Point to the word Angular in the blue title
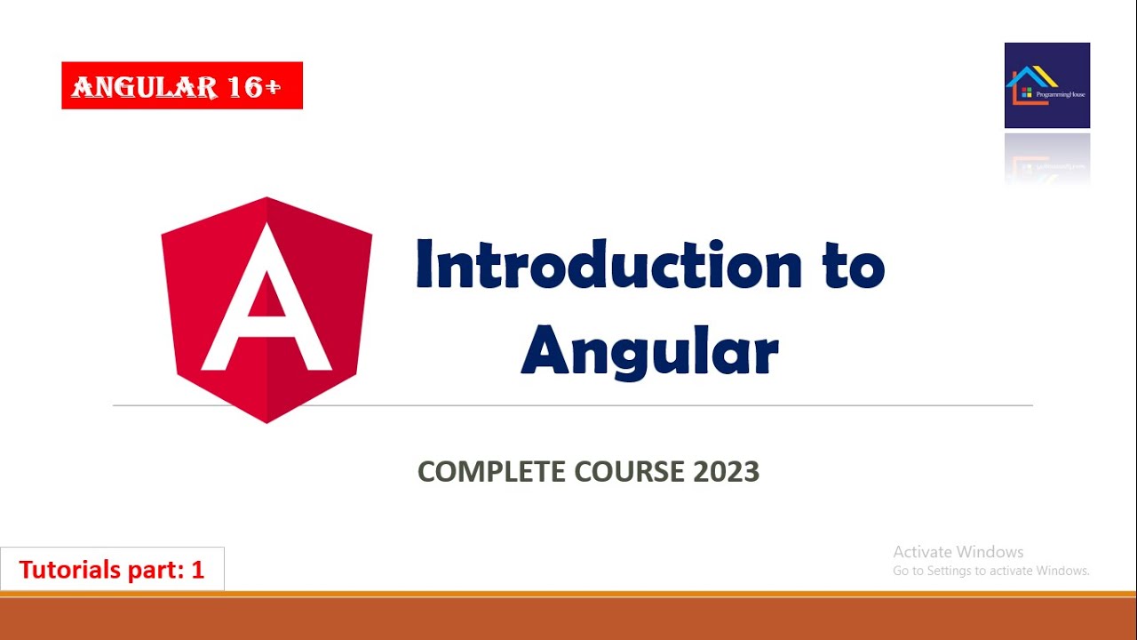coord(649,352)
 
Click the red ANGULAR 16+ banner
coord(182,85)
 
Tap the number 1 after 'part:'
coord(197,570)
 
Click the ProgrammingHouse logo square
coord(1047,85)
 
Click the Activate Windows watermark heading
coord(958,552)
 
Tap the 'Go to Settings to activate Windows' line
coord(991,571)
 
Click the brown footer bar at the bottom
coord(568,619)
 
